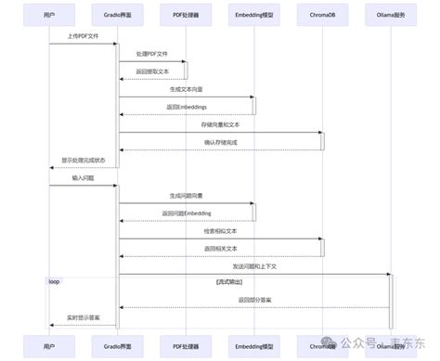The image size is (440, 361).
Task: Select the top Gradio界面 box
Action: [117, 15]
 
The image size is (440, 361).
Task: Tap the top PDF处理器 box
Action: [185, 15]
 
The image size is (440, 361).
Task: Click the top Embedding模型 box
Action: [253, 15]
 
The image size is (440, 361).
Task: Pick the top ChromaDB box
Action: [322, 15]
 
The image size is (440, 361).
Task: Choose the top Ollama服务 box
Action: [390, 15]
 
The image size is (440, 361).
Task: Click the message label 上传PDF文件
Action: [83, 37]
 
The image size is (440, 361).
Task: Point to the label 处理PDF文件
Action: [151, 55]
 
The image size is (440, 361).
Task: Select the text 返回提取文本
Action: [151, 71]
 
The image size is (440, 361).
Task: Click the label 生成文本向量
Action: [186, 89]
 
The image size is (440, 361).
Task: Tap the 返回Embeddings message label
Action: [186, 107]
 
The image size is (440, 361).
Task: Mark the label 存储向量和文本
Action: [220, 124]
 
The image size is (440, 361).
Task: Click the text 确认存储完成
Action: [220, 142]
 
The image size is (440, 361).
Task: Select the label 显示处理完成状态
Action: [84, 160]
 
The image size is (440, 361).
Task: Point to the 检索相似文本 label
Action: [220, 230]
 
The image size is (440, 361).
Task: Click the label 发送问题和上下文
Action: [253, 265]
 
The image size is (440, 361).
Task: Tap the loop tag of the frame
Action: [55, 280]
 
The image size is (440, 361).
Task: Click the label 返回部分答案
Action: [253, 300]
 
